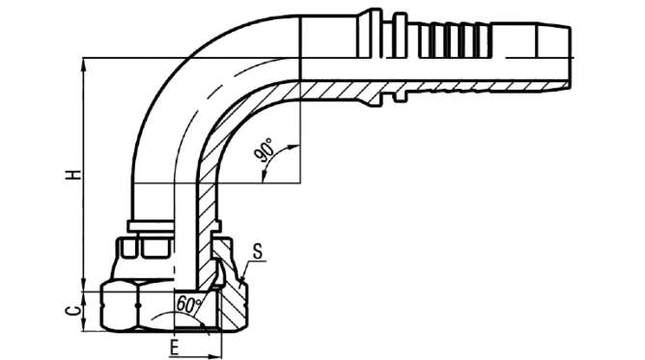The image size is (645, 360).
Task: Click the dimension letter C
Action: [x=73, y=311]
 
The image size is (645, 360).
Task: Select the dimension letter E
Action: [x=175, y=347]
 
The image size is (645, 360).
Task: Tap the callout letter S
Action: [x=258, y=252]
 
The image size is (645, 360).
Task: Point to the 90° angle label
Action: [x=265, y=151]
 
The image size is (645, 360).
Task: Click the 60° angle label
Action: [x=188, y=305]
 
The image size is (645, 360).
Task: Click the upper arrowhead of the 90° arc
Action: [x=294, y=147]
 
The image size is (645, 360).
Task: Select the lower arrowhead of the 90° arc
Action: [x=264, y=177]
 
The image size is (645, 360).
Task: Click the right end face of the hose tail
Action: [x=570, y=58]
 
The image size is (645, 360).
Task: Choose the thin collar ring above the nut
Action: [x=151, y=226]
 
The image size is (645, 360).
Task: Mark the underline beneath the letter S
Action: [x=256, y=261]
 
